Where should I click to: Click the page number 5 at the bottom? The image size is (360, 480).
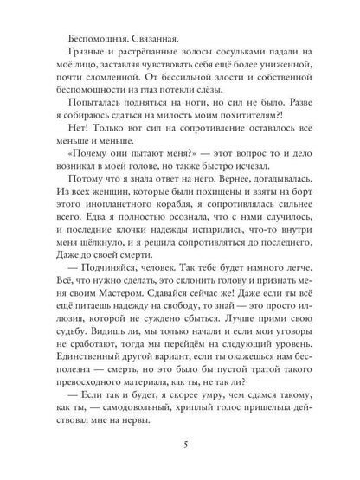click(x=180, y=446)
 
